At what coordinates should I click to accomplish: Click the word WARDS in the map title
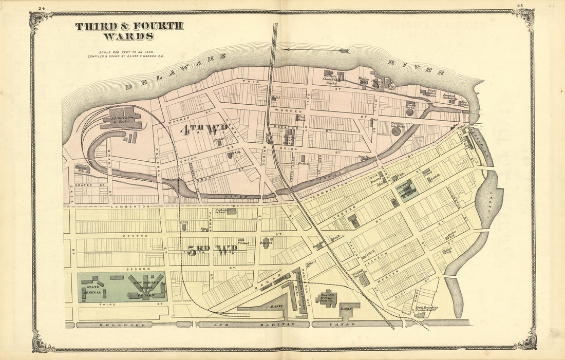(128, 36)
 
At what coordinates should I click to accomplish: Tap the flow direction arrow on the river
(316, 50)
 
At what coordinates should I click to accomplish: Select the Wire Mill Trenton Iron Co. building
(328, 298)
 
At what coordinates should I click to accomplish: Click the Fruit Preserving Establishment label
(427, 309)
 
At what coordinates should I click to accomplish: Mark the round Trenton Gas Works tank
(396, 131)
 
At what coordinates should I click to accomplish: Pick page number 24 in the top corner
(42, 8)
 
